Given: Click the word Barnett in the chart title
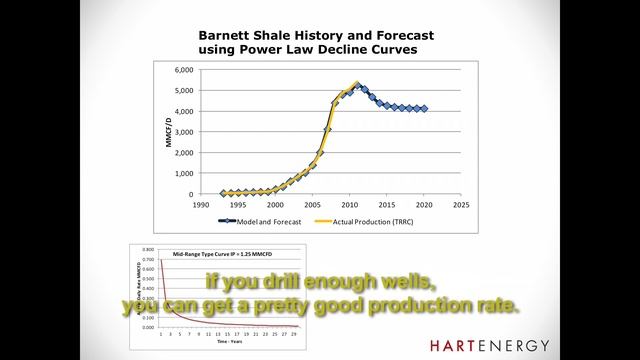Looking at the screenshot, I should pos(228,31).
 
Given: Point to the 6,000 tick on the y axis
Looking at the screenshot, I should pos(182,70).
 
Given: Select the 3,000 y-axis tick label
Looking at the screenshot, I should pos(182,132).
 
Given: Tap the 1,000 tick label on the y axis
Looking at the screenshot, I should pos(182,173).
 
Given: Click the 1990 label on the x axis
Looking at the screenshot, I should pos(200,205).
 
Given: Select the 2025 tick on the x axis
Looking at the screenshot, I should pos(461,205).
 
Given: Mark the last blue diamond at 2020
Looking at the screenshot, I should pos(423,109).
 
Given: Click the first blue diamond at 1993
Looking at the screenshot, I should pos(224,193).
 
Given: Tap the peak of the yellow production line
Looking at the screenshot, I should pos(357,84).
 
